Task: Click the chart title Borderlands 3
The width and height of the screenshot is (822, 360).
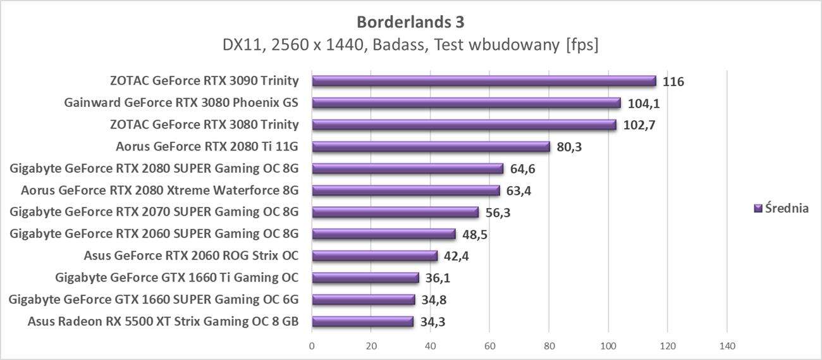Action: [x=410, y=22]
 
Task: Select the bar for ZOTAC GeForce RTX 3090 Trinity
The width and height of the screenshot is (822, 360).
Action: [x=484, y=81]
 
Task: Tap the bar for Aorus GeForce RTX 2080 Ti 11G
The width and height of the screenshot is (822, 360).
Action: [x=431, y=147]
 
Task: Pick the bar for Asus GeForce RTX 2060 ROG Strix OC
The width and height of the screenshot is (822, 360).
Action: [x=374, y=256]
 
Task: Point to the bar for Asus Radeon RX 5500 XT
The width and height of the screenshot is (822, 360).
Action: [x=362, y=321]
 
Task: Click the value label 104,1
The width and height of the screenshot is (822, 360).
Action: [x=644, y=103]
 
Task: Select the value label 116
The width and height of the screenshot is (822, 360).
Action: [x=673, y=82]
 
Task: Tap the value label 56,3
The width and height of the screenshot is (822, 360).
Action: [x=498, y=213]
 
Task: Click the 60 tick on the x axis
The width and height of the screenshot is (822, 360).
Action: [x=489, y=346]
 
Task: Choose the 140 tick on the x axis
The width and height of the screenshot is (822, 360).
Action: [x=727, y=346]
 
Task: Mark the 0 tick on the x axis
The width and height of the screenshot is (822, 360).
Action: [x=312, y=346]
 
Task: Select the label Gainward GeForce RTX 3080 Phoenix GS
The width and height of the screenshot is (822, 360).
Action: [x=181, y=102]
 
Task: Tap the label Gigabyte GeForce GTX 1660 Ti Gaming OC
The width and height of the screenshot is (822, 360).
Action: [x=176, y=277]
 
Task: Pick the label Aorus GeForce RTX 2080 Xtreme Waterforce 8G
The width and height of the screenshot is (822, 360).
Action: [x=159, y=190]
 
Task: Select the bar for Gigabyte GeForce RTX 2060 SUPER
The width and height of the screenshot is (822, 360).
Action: [x=384, y=234]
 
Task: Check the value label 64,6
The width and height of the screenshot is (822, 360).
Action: [x=522, y=169]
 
